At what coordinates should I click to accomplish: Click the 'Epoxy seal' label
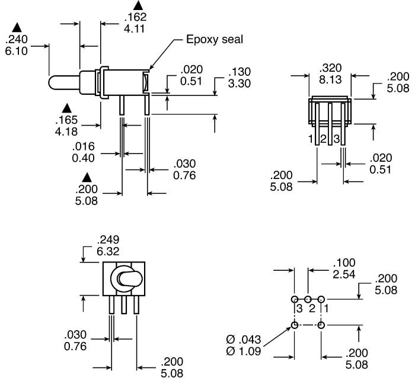pyautogui.click(x=215, y=39)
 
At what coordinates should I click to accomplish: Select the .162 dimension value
pyautogui.click(x=135, y=17)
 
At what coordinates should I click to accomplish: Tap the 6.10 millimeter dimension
pyautogui.click(x=17, y=51)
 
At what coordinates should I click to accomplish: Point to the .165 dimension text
pyautogui.click(x=66, y=120)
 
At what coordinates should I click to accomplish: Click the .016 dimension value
pyautogui.click(x=84, y=146)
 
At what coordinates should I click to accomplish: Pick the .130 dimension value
pyautogui.click(x=240, y=72)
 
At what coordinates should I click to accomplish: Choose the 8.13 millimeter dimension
pyautogui.click(x=330, y=79)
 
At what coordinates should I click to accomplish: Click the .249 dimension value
pyautogui.click(x=108, y=240)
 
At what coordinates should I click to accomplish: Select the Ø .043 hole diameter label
pyautogui.click(x=244, y=340)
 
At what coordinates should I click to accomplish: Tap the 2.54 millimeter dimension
pyautogui.click(x=344, y=274)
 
